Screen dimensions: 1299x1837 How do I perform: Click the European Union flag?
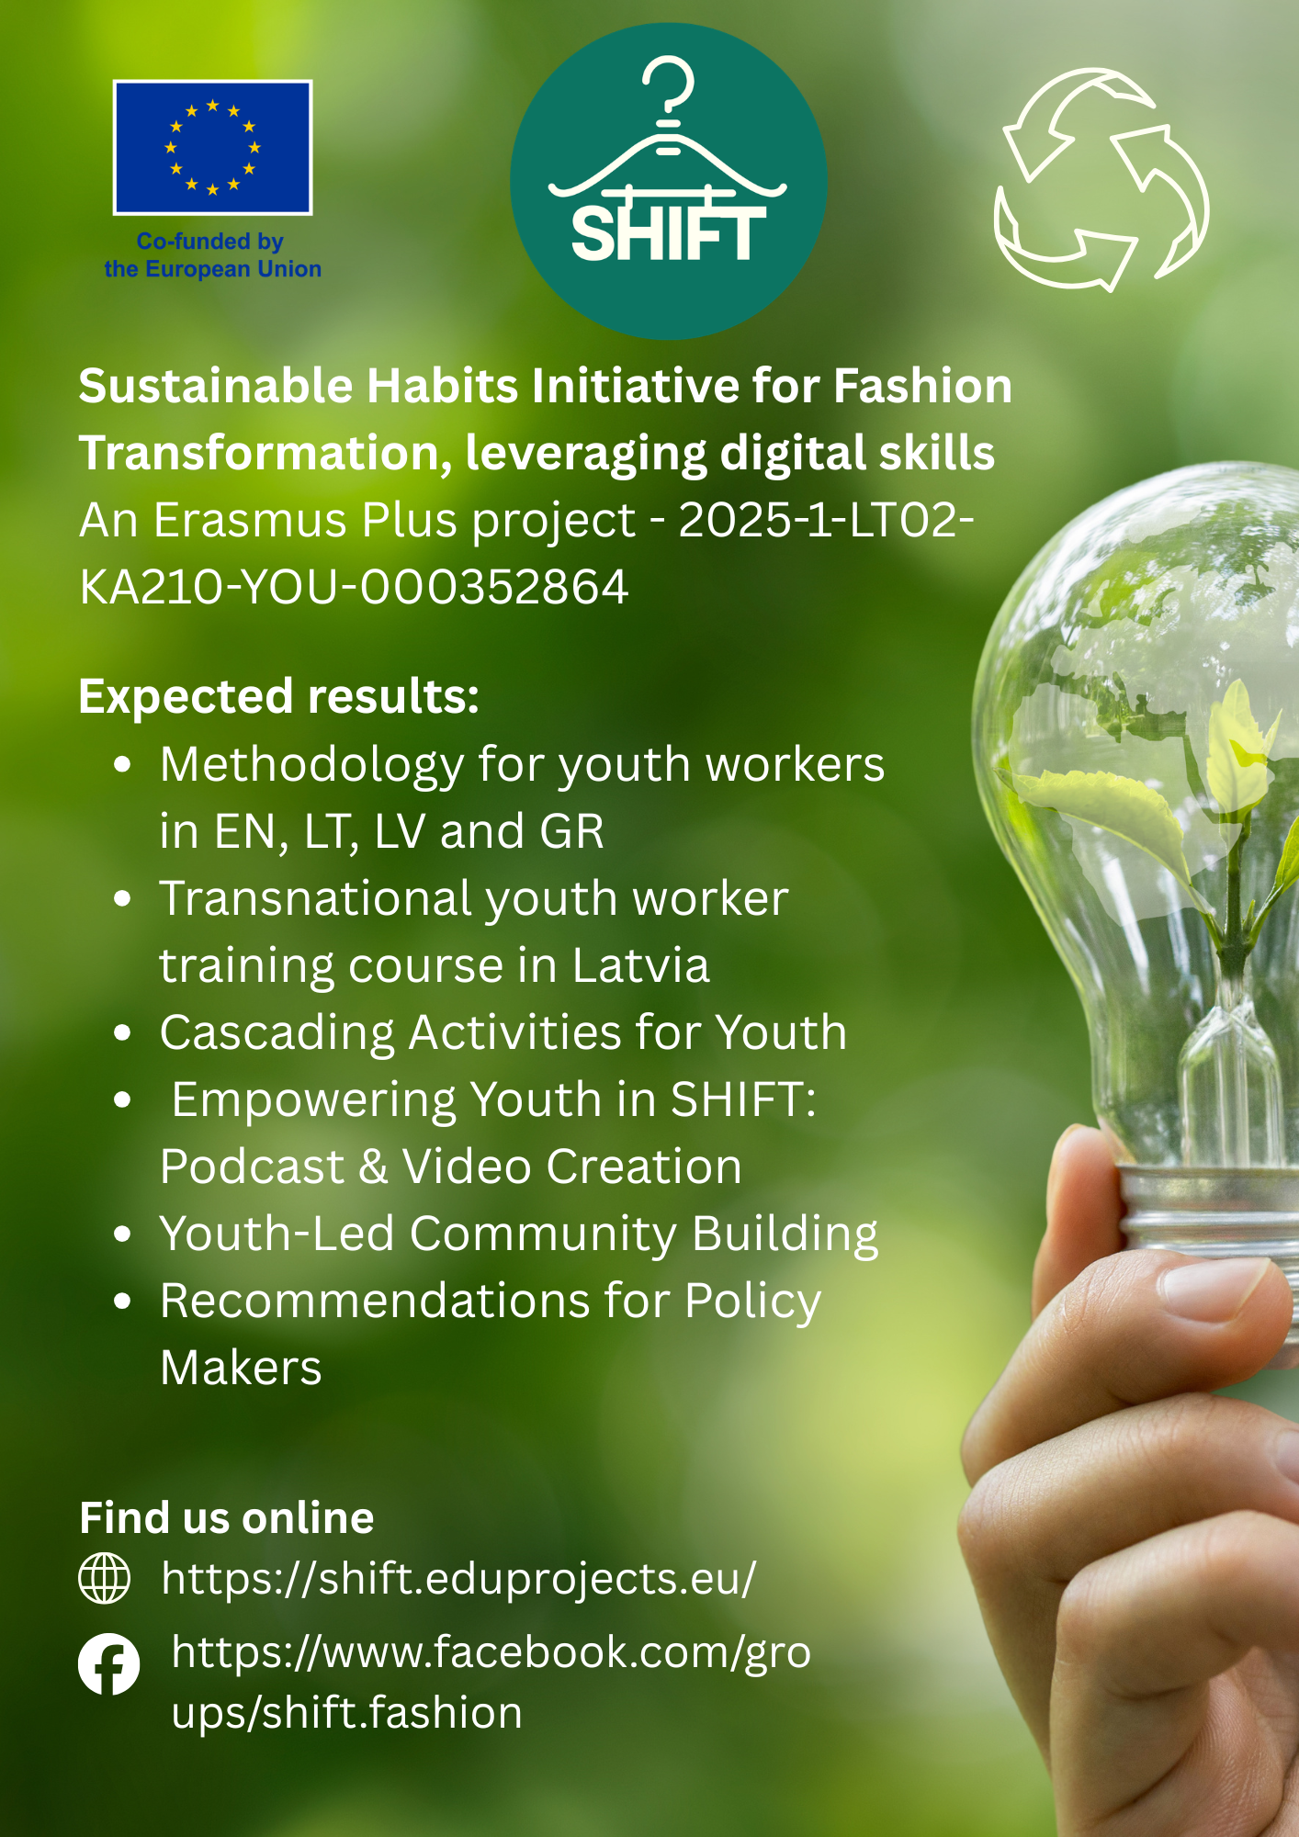[x=212, y=147]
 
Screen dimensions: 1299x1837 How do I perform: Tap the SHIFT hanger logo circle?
[x=669, y=181]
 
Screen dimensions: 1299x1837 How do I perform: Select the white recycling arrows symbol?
[x=1101, y=179]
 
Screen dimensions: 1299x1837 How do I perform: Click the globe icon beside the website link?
[x=105, y=1578]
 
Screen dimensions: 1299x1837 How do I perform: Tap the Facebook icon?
[x=109, y=1663]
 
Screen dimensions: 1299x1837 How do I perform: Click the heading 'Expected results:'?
[x=279, y=696]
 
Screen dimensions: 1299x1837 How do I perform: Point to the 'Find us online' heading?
[x=227, y=1517]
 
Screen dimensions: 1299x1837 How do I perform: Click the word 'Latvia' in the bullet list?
[x=641, y=965]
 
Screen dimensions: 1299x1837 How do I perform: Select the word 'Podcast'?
[x=253, y=1166]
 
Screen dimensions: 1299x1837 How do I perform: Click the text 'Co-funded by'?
[x=210, y=242]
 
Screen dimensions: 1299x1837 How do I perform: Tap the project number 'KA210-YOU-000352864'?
[x=355, y=587]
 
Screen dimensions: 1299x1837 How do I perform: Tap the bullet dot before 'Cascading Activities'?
[x=123, y=1032]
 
